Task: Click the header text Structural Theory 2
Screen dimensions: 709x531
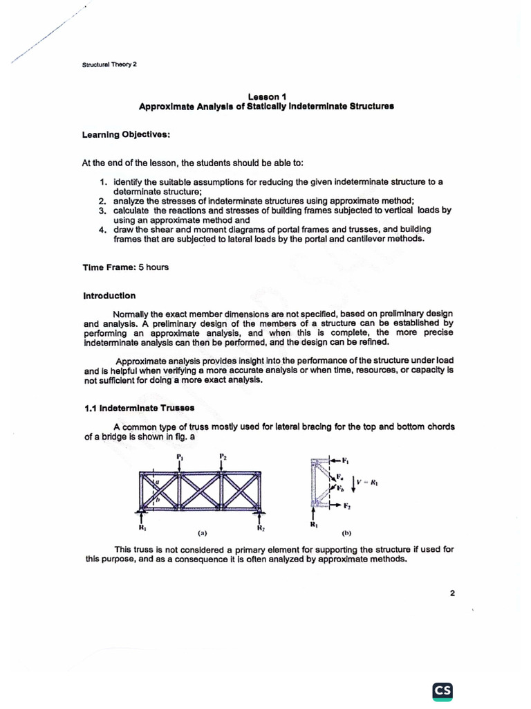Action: [109, 65]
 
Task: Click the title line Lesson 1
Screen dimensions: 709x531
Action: [265, 97]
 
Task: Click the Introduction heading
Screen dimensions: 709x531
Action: [109, 296]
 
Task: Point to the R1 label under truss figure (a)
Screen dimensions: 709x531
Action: [142, 528]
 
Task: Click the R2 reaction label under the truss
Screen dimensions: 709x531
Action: [261, 529]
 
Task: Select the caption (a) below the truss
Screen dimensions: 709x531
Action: [202, 534]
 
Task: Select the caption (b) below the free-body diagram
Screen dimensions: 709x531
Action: [346, 535]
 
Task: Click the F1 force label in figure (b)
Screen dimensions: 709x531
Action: [346, 460]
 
